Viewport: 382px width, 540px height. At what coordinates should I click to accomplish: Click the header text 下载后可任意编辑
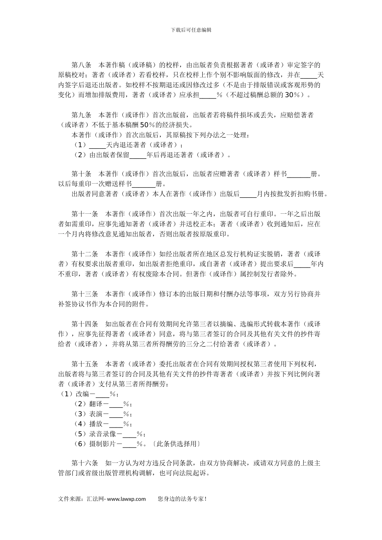pos(191,30)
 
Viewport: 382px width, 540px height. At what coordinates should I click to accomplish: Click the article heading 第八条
pos(82,65)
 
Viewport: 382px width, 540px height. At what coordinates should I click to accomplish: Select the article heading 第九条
pos(82,115)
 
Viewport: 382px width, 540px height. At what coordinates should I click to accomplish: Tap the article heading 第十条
pos(82,174)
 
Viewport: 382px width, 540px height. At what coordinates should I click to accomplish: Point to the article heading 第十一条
pos(85,214)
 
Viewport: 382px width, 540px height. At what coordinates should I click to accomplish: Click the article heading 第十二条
pos(85,254)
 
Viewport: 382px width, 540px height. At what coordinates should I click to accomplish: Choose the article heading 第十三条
pos(85,294)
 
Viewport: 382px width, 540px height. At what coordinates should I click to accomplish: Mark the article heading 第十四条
pos(85,324)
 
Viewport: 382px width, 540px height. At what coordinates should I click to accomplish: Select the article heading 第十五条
pos(85,364)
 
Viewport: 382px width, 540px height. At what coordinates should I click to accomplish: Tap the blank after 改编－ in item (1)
pos(103,394)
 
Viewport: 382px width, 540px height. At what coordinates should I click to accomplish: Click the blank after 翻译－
pos(116,404)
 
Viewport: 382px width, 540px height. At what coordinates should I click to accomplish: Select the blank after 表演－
pos(116,414)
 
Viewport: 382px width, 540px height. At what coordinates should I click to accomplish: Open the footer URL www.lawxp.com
pos(127,499)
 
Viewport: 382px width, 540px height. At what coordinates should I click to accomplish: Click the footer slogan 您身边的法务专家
pos(182,499)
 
